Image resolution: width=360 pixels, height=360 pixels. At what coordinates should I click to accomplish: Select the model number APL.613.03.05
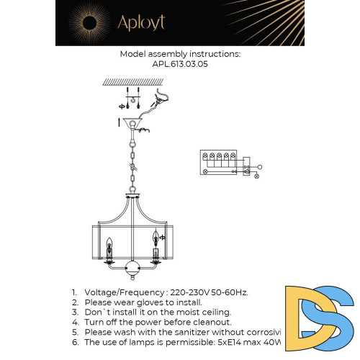[x=179, y=63]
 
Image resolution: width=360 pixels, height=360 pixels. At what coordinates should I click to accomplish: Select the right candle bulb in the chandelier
[x=155, y=237]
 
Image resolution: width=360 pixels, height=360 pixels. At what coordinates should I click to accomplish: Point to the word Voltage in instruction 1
[x=103, y=292]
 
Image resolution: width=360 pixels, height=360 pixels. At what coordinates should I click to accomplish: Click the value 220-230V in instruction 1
[x=189, y=292]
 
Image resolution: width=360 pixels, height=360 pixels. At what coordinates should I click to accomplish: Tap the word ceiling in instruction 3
[x=212, y=312]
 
